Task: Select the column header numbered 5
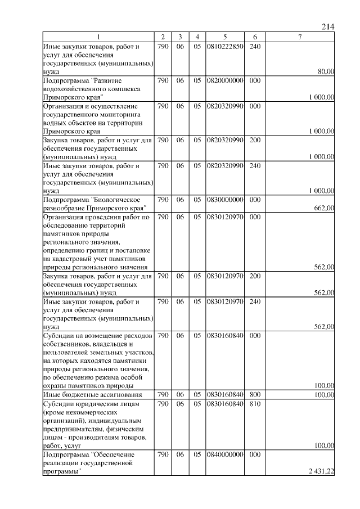[x=224, y=37]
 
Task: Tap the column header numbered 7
[x=300, y=37]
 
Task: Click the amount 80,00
[x=326, y=71]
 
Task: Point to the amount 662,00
[x=324, y=208]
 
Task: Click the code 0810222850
[x=224, y=46]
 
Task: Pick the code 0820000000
[x=224, y=80]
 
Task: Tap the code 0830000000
[x=224, y=200]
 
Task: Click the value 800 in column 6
[x=254, y=394]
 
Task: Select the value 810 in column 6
[x=254, y=403]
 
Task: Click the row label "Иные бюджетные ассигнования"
[x=84, y=394]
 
